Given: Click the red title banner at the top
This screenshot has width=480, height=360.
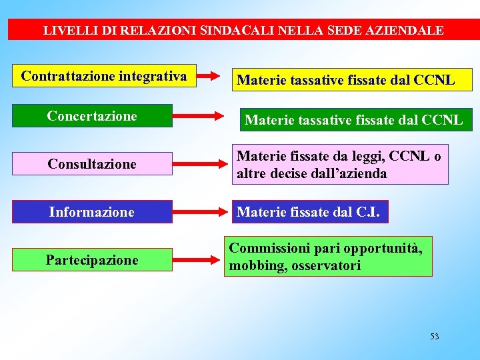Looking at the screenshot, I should pos(243,30).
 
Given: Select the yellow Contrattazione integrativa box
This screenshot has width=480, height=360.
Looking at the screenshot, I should pos(104,76).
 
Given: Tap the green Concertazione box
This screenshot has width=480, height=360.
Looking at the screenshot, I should pos(92,116).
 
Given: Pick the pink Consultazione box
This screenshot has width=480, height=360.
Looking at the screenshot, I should pos(92,164).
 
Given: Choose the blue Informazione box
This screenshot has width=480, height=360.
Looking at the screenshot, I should pos(92,212).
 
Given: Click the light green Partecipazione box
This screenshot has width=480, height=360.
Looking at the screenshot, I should pos(92,260).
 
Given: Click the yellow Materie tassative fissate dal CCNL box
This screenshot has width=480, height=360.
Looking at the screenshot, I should pos(346,80).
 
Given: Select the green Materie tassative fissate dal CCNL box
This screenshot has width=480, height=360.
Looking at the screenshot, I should pos(353,120).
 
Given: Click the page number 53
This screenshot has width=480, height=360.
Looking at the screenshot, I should pos(434,337).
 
